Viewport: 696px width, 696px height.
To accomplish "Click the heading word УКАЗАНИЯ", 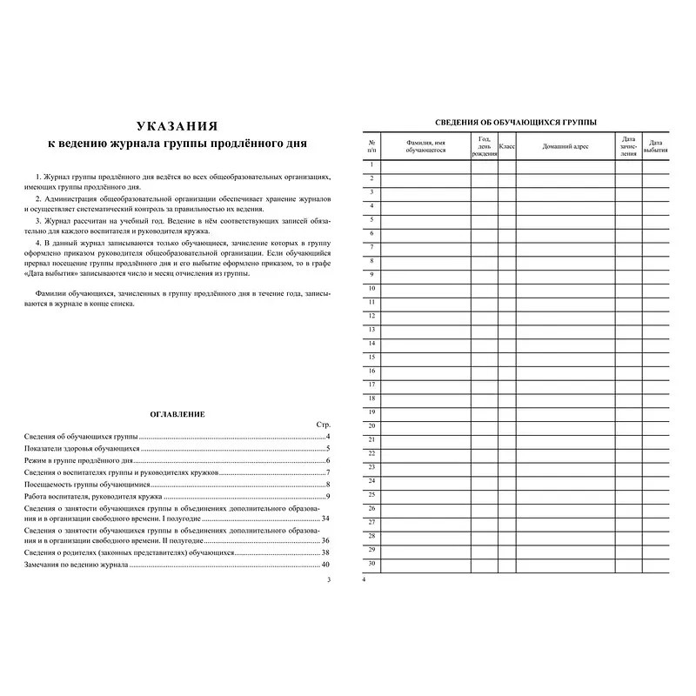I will (x=177, y=124).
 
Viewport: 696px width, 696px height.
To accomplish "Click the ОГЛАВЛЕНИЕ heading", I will (x=177, y=414).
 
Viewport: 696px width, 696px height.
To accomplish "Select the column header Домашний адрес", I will (x=565, y=146).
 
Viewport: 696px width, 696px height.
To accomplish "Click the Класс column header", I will (x=507, y=146).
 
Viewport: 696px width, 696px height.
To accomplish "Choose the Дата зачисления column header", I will (x=628, y=146).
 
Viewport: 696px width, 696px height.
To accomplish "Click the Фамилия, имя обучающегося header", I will (x=425, y=146).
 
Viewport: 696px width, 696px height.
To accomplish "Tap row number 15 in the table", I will (x=371, y=357).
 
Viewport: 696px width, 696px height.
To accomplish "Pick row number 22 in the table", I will (x=371, y=453).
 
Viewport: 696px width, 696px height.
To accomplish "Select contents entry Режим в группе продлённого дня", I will (x=79, y=458).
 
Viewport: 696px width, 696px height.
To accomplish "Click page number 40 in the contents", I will (x=325, y=565).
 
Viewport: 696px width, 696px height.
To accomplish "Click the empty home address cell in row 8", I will (x=565, y=260).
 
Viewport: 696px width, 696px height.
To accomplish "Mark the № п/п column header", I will (x=371, y=146).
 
